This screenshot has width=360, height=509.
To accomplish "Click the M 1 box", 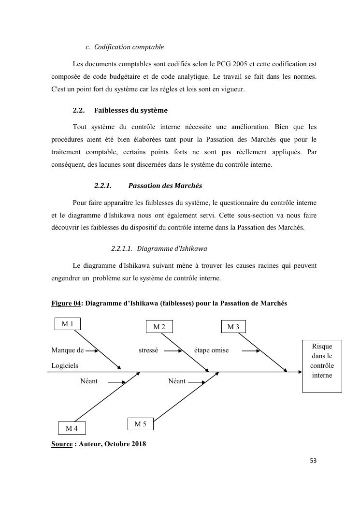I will (x=68, y=324).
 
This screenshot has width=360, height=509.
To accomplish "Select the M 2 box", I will (x=159, y=327).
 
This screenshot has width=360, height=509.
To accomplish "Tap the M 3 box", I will (x=233, y=327).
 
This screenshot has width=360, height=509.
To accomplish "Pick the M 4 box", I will (x=72, y=428).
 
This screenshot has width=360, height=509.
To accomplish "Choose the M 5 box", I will (x=141, y=424).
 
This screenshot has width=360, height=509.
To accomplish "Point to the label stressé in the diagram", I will (x=148, y=350).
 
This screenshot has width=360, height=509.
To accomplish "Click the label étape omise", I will (x=211, y=350).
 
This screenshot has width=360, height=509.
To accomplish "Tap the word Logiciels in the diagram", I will (x=65, y=366).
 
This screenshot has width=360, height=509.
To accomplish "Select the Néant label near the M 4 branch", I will (x=89, y=381).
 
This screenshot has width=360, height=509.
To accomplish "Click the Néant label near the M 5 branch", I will (x=177, y=381).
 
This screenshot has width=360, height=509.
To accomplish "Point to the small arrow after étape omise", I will (x=250, y=351).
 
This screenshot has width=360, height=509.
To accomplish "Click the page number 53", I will (x=313, y=461).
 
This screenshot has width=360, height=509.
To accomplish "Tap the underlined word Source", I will (x=62, y=444).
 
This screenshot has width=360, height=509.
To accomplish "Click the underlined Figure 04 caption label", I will (x=66, y=303).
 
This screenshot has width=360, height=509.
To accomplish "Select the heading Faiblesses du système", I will (x=130, y=110).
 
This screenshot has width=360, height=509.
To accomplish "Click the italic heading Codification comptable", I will (x=129, y=47).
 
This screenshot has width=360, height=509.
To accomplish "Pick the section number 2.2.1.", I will (x=103, y=186).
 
